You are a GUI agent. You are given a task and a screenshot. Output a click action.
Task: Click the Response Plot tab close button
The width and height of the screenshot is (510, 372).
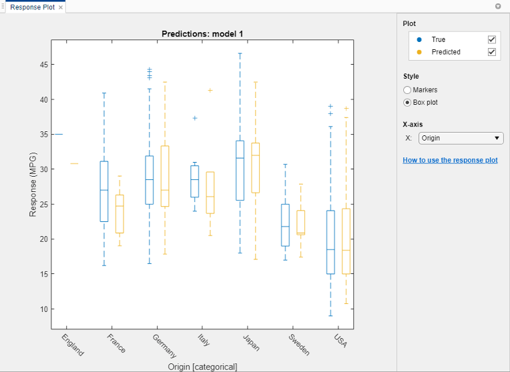pyautogui.click(x=61, y=7)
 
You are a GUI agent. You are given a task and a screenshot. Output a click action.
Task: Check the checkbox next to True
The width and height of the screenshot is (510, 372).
pyautogui.click(x=492, y=40)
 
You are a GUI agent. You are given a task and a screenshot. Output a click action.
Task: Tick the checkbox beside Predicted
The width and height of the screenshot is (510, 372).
pyautogui.click(x=492, y=52)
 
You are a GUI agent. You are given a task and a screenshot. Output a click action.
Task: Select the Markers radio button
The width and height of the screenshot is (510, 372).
pyautogui.click(x=407, y=90)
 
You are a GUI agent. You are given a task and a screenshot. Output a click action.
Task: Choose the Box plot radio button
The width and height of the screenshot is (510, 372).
pyautogui.click(x=407, y=103)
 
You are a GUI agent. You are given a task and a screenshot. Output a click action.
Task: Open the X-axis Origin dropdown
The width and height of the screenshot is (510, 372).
pyautogui.click(x=461, y=138)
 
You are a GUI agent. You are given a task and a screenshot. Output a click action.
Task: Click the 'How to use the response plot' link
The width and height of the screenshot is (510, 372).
pyautogui.click(x=450, y=161)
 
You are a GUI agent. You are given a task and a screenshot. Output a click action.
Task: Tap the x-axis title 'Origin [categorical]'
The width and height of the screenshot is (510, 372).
pyautogui.click(x=202, y=367)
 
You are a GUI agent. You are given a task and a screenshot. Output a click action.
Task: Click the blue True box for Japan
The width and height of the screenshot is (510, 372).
pyautogui.click(x=240, y=171)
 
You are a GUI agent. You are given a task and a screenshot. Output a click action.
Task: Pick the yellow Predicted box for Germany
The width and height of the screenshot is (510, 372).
pyautogui.click(x=165, y=176)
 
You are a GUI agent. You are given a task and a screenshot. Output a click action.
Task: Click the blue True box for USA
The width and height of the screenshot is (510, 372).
pyautogui.click(x=330, y=242)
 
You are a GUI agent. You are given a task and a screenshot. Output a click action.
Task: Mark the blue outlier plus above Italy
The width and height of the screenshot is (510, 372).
pyautogui.click(x=195, y=118)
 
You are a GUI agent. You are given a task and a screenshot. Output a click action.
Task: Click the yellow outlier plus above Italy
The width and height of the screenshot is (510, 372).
pyautogui.click(x=210, y=90)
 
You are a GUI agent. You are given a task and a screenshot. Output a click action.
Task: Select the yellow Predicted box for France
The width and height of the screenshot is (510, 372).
pyautogui.click(x=119, y=214)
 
